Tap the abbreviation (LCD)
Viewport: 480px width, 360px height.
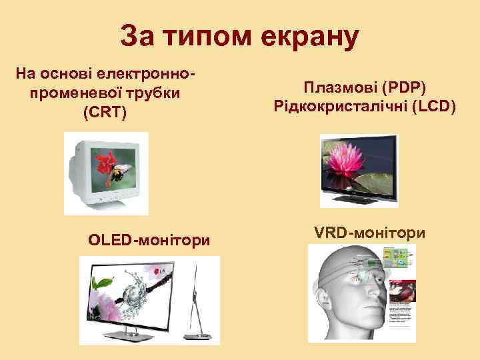[434, 107]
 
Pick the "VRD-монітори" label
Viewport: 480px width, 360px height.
[369, 233]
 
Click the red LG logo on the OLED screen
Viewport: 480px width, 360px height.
[159, 271]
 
